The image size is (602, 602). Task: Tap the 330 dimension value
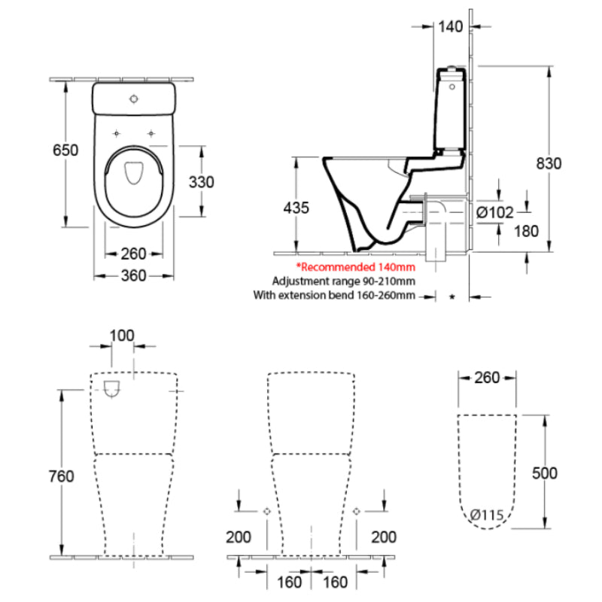(x=202, y=181)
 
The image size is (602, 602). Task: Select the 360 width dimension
(x=133, y=276)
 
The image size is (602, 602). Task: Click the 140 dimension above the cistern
(x=449, y=27)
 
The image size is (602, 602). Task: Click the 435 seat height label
(x=295, y=208)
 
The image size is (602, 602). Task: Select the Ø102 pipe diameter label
(x=495, y=213)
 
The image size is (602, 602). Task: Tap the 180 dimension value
(x=526, y=231)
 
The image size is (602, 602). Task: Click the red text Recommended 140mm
(x=355, y=267)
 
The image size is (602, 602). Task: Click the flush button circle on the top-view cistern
(x=135, y=99)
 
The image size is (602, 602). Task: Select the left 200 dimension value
(x=239, y=537)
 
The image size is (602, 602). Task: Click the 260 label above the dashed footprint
(x=487, y=378)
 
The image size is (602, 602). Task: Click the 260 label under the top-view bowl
(x=133, y=254)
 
